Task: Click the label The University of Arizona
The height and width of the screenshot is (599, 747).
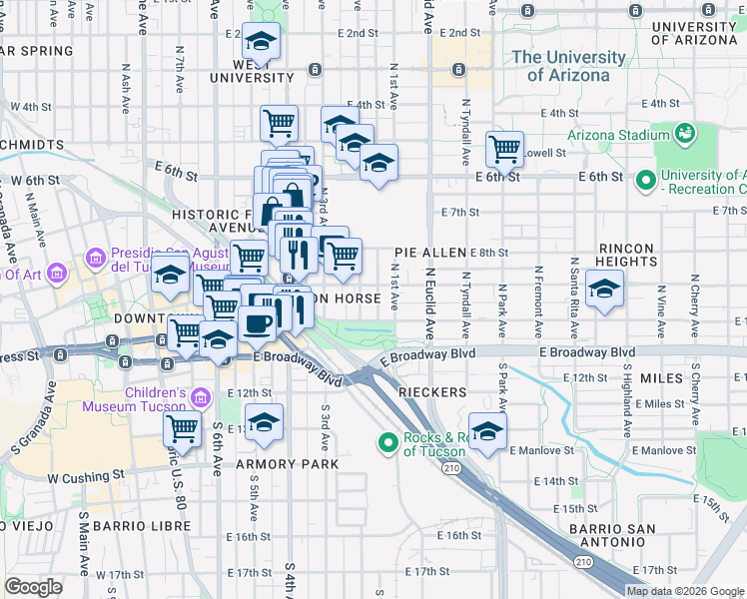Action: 574,66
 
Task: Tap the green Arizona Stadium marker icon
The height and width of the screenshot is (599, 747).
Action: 685,133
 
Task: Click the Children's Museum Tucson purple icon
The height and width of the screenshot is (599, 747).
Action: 201,399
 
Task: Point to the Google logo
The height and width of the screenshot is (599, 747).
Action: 33,587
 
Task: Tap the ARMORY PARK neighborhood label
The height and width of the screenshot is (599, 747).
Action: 287,464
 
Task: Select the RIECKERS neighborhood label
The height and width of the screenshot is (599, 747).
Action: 432,392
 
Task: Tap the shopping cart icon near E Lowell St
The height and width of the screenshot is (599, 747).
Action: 504,149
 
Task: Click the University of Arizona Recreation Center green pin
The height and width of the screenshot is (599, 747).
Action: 645,181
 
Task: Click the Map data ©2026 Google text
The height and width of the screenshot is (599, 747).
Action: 686,591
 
